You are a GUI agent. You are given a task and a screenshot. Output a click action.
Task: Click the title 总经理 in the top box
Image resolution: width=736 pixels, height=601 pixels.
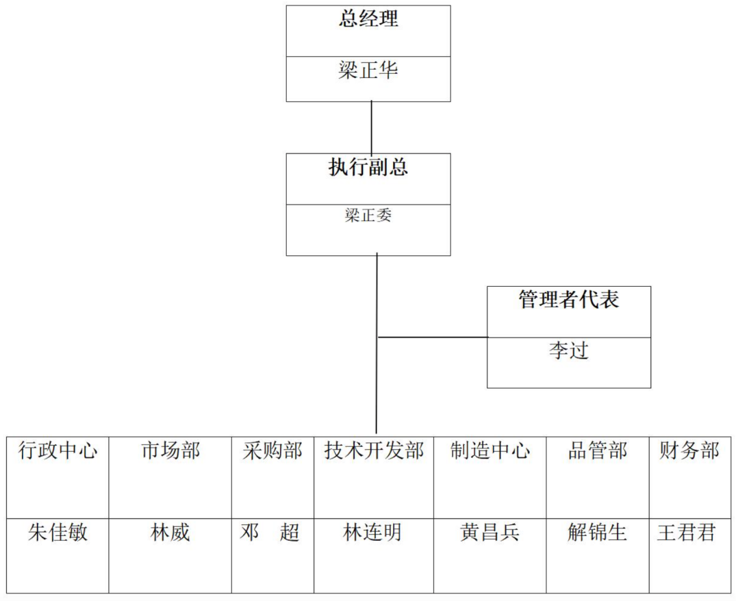[x=368, y=19]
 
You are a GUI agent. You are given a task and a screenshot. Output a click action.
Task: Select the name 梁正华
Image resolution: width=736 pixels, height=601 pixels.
[x=368, y=71]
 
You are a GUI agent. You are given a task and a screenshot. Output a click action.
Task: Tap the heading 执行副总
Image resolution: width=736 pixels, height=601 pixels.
[x=368, y=168]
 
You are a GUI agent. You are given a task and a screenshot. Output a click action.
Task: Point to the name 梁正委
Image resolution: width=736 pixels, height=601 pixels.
[x=368, y=216]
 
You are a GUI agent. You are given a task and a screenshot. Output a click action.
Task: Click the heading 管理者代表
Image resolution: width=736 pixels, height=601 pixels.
[x=568, y=300]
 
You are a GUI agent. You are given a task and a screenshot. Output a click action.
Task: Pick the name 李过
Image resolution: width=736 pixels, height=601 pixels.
[x=568, y=351]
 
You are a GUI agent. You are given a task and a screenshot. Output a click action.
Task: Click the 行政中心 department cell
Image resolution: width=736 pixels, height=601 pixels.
[x=58, y=451]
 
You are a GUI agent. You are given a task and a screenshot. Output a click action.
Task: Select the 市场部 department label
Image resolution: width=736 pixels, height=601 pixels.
[x=170, y=451]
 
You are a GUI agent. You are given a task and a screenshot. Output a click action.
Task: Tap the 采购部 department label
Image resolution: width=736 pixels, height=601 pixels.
[x=272, y=451]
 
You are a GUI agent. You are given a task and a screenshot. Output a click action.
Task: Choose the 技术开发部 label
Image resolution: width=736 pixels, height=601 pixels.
[x=374, y=451]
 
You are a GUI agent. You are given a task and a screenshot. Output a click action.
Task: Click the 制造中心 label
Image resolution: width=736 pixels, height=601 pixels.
[x=490, y=451]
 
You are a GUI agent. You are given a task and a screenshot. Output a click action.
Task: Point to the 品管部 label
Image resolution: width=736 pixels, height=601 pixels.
[x=598, y=451]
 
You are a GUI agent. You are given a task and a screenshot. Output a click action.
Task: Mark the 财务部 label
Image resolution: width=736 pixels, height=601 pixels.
[x=689, y=451]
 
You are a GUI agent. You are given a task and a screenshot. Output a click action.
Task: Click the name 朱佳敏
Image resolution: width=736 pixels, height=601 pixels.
[x=58, y=533]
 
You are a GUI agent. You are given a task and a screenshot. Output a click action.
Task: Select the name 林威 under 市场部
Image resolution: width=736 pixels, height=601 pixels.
[x=170, y=533]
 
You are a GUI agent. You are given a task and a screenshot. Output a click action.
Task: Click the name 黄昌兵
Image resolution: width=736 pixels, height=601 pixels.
[x=490, y=533]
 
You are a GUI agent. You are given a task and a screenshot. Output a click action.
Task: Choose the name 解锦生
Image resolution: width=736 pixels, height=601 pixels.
[x=598, y=533]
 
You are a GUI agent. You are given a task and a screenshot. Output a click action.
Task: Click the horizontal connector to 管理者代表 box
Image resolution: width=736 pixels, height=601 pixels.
[x=433, y=337]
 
